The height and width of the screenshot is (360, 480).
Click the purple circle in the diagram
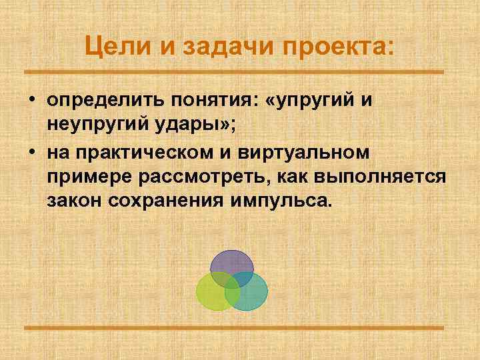(x=231, y=263)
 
